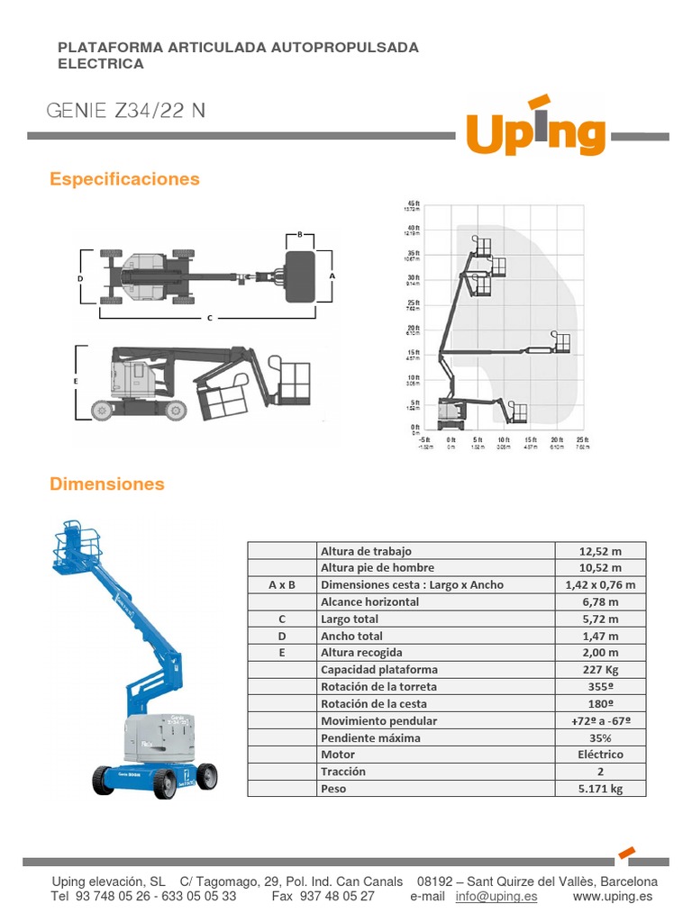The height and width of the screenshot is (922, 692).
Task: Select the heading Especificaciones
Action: [x=124, y=179]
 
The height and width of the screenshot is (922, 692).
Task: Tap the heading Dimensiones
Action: [x=107, y=484]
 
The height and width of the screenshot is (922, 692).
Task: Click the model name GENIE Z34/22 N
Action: [x=125, y=111]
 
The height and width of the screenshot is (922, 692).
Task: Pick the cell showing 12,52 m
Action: [x=600, y=551]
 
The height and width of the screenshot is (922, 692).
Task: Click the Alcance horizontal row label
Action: [x=369, y=601]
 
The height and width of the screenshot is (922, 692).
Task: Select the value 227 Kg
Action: [x=600, y=669]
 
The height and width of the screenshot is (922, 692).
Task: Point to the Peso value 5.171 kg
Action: [x=600, y=788]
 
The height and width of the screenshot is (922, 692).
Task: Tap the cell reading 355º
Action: [x=600, y=686]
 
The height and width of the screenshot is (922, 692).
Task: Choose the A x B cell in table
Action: [x=282, y=585]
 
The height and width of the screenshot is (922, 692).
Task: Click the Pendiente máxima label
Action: [x=370, y=737]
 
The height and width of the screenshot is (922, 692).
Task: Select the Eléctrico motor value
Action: [x=600, y=755]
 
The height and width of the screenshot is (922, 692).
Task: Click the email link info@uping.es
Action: [x=496, y=896]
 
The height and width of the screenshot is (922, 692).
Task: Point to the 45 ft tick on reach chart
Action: [x=414, y=203]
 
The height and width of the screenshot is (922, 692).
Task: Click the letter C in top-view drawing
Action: [x=209, y=317]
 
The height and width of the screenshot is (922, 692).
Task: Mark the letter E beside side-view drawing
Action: [x=76, y=382]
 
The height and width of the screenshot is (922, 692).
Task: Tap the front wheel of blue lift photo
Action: [x=105, y=779]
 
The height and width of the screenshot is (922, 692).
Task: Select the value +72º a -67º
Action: [x=600, y=720]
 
